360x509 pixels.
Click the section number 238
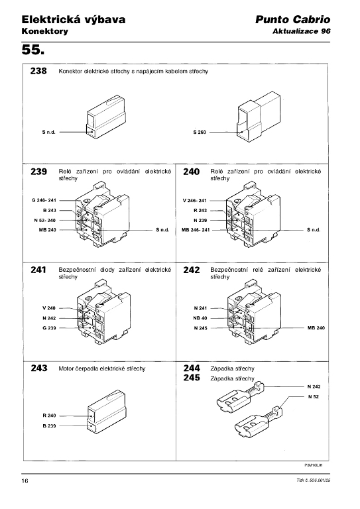[38, 72]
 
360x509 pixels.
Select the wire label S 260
[200, 132]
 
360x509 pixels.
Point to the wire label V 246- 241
[195, 199]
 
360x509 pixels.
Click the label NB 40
[200, 317]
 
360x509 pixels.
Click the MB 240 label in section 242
[316, 328]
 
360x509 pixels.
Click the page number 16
[25, 481]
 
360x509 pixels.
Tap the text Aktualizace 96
[301, 31]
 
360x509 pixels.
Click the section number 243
[38, 368]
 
